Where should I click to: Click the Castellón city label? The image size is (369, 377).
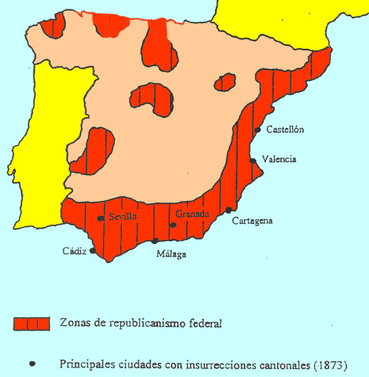[285, 130]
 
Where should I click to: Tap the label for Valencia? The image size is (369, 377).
[279, 159]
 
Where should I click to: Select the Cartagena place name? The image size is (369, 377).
[253, 221]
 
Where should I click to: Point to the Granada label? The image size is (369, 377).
[192, 214]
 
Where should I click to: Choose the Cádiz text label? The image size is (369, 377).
[75, 251]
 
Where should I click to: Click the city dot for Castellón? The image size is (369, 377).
[258, 130]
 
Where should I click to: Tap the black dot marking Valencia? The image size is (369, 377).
[253, 160]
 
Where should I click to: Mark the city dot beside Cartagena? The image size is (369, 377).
[228, 210]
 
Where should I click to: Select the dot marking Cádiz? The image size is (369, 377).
[93, 251]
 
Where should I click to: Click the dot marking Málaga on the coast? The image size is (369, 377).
[155, 240]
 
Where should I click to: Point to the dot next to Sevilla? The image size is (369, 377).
[100, 218]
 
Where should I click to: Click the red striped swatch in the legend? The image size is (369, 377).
[31, 323]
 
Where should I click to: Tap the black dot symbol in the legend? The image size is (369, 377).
[32, 364]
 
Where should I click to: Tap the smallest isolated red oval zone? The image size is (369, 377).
[225, 82]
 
